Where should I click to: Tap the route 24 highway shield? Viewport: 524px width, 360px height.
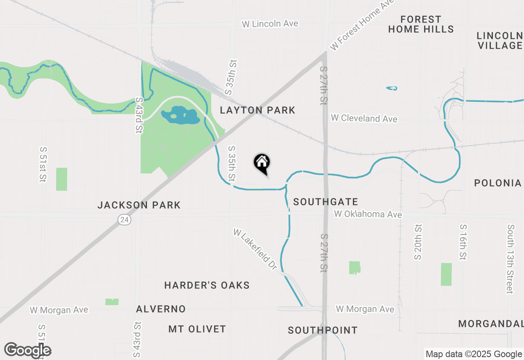click(124, 220)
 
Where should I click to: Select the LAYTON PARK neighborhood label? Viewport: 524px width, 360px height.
click(257, 110)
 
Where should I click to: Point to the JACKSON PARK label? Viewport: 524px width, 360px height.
click(139, 205)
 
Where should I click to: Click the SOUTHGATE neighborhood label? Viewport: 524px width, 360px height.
click(325, 202)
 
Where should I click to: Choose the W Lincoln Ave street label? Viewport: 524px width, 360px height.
click(270, 24)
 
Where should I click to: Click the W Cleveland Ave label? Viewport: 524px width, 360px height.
click(364, 119)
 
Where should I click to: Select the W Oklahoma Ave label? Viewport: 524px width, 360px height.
click(368, 214)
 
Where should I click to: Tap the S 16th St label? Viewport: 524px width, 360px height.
click(463, 242)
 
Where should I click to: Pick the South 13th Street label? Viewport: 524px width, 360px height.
click(510, 259)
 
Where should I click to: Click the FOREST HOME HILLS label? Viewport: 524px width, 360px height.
click(421, 24)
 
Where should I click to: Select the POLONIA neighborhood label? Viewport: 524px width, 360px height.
click(498, 183)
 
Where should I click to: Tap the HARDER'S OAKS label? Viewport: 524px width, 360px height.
click(207, 285)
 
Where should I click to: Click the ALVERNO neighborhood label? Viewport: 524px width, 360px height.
click(161, 309)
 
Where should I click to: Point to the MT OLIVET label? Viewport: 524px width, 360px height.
click(197, 329)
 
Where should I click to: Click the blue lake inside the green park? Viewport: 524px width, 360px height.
click(181, 115)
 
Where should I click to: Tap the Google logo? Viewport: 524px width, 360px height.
click(27, 351)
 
